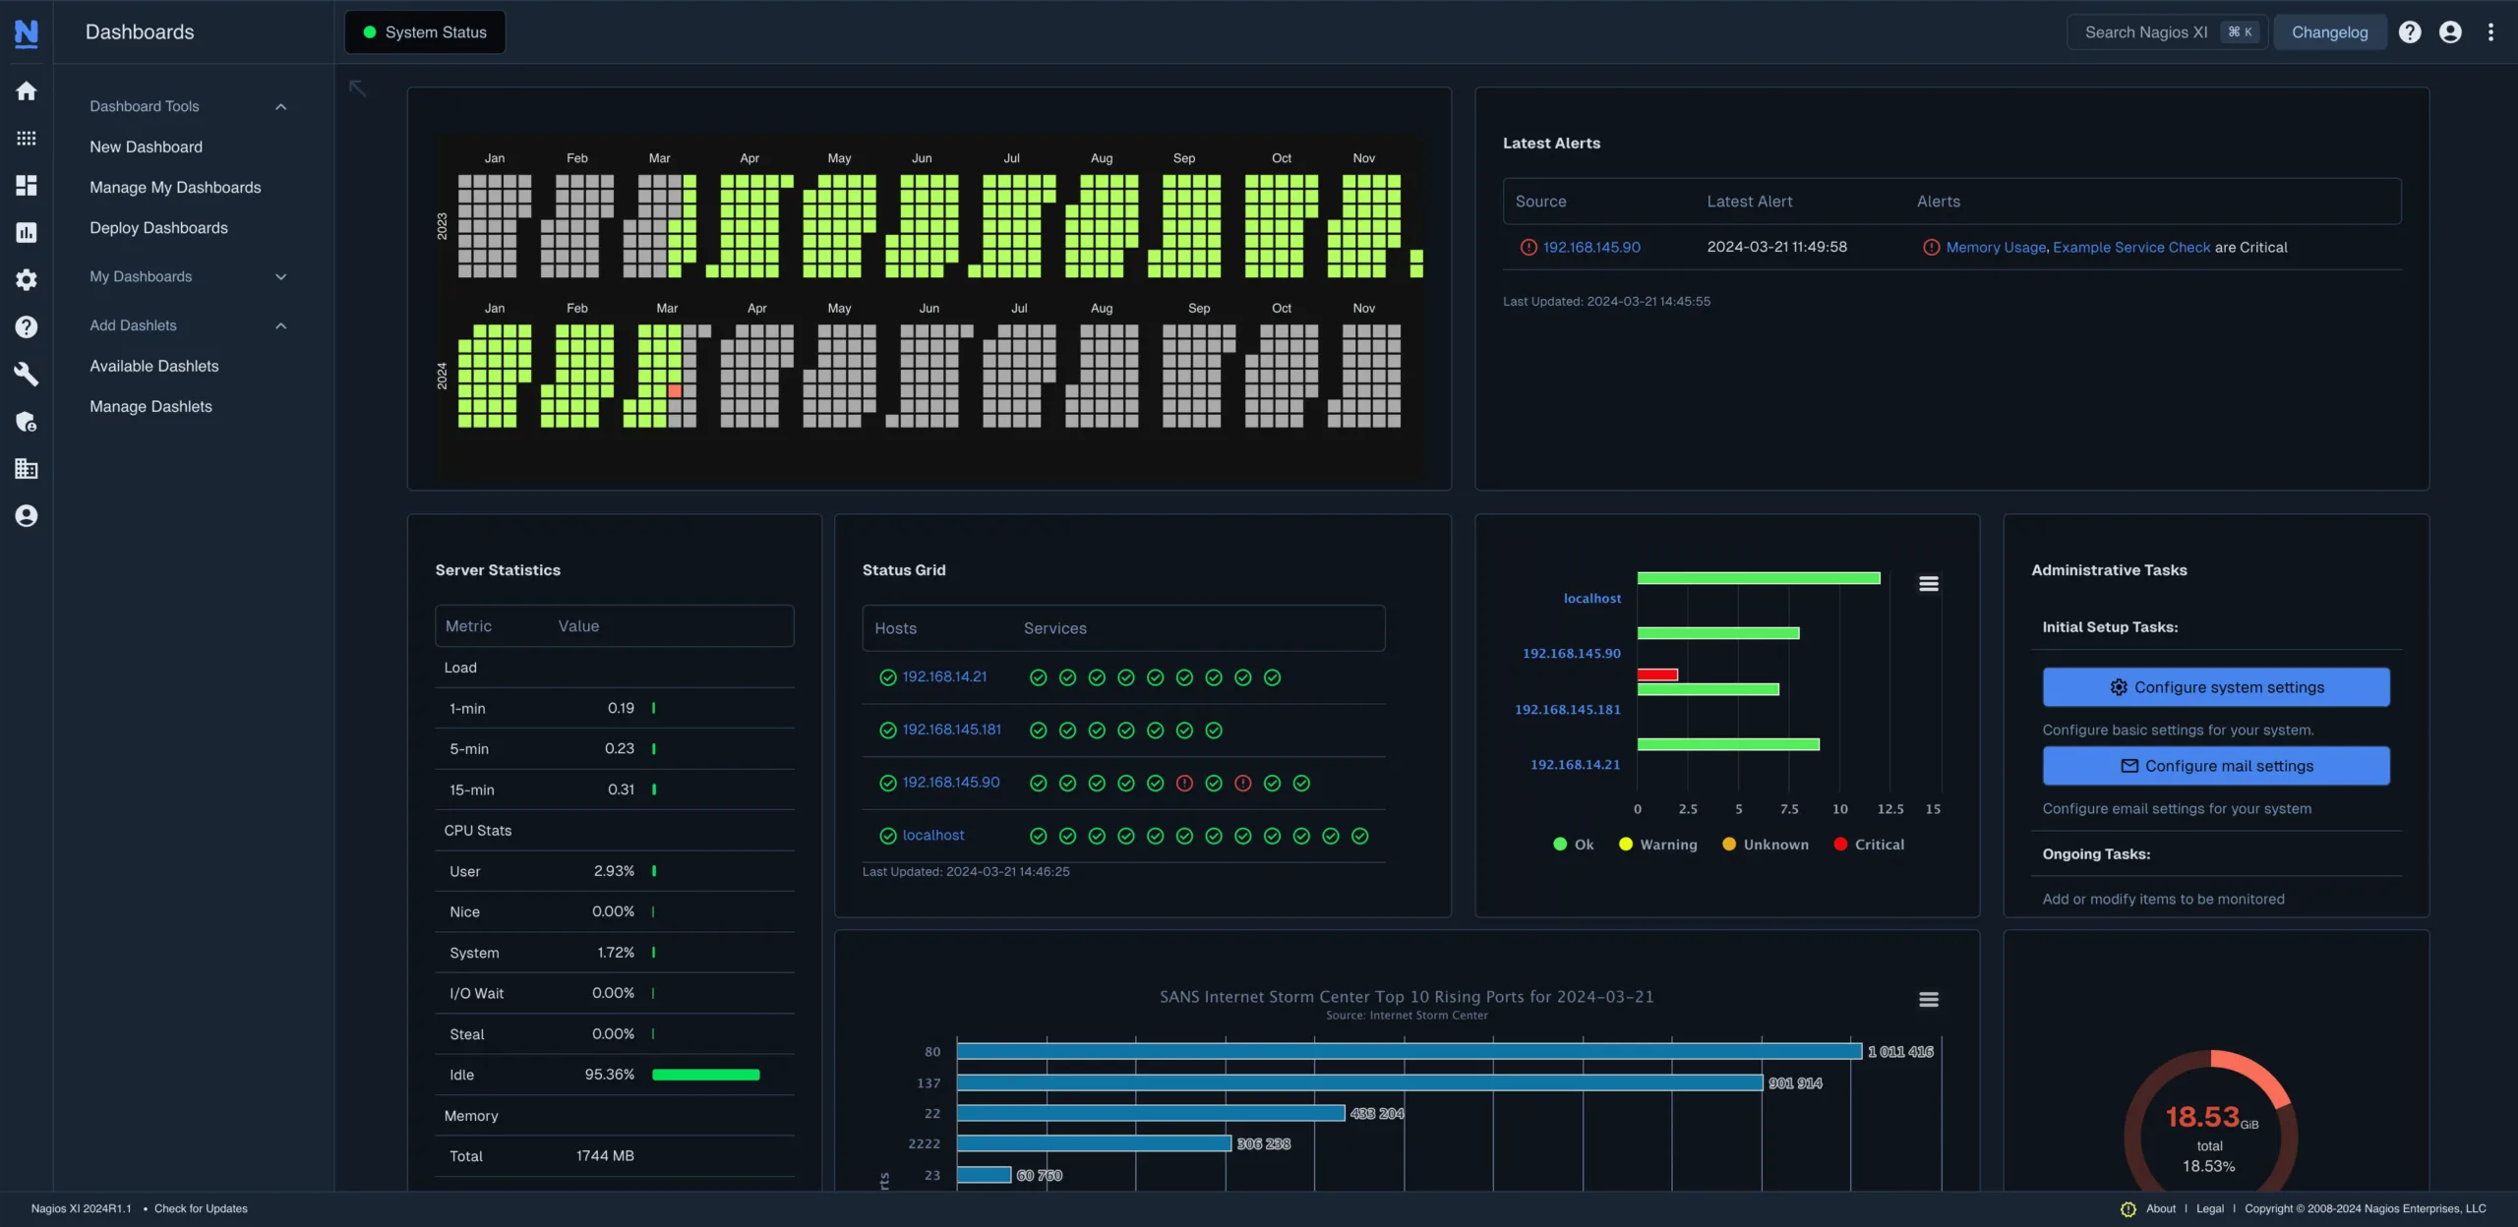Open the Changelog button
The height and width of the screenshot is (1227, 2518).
(x=2329, y=32)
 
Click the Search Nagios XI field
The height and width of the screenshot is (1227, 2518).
(x=2145, y=32)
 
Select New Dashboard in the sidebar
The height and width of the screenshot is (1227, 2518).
(x=146, y=146)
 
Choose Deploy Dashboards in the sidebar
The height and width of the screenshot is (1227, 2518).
(x=158, y=228)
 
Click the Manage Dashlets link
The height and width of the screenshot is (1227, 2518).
(x=150, y=406)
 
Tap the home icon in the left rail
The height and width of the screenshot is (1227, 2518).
(x=27, y=91)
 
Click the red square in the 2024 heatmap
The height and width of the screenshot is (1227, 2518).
(x=675, y=391)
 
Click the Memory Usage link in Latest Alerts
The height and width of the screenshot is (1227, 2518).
(x=1996, y=248)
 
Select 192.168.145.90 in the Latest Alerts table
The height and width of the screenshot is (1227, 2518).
(x=1590, y=248)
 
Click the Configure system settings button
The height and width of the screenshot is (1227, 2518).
(x=2215, y=687)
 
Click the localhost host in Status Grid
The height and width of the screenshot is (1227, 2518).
(x=932, y=836)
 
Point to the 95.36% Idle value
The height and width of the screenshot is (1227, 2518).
(x=609, y=1075)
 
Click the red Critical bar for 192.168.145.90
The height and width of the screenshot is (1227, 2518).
(x=1657, y=674)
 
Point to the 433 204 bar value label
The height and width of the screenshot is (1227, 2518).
(x=1376, y=1114)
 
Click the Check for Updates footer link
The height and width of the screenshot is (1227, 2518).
(x=201, y=1208)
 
